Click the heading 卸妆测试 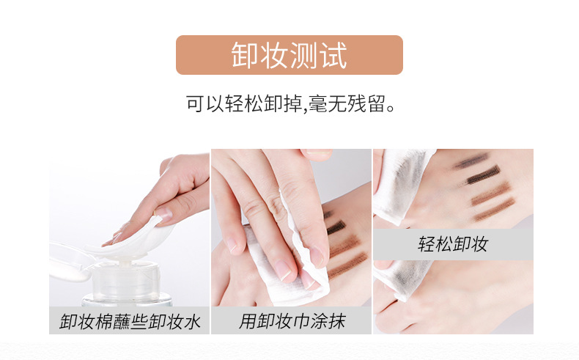289,55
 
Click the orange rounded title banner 289,55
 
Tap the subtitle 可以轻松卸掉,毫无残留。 292,103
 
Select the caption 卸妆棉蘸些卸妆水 130,321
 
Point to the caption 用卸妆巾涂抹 292,321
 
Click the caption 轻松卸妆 453,244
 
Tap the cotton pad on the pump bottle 129,242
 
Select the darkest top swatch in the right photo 472,161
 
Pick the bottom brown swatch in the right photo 495,210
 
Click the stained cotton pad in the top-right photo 402,185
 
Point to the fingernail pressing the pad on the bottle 163,213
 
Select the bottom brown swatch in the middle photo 348,265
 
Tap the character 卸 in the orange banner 245,55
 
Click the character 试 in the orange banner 333,56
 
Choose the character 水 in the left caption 191,321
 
